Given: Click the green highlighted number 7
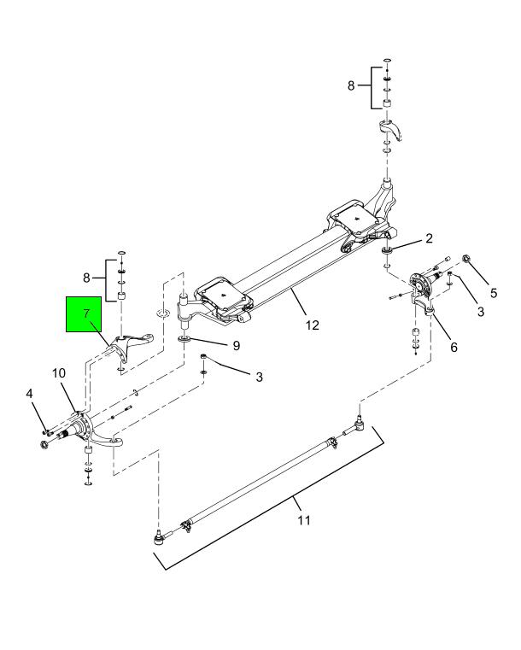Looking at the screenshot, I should [x=86, y=313].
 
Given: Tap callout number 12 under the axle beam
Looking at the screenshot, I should [x=313, y=325].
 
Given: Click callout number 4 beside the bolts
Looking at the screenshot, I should [x=30, y=395].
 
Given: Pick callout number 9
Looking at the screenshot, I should [x=225, y=347].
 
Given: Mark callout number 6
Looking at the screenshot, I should [x=454, y=348].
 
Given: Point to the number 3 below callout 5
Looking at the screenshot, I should [x=481, y=313].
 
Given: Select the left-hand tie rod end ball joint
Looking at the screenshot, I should [x=158, y=537].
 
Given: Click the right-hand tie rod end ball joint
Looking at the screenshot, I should [x=360, y=419].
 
